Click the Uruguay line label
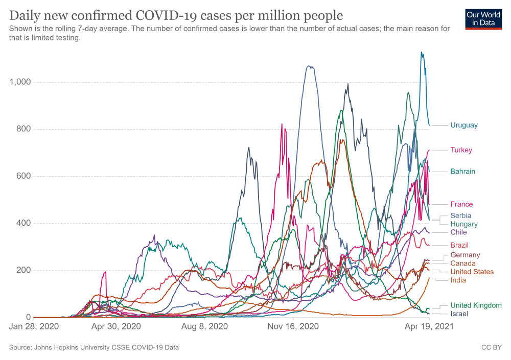click(x=464, y=125)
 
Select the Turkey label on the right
click(x=461, y=150)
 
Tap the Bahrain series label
click(x=462, y=172)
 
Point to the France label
click(x=461, y=204)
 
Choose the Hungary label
click(x=464, y=224)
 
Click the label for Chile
click(x=458, y=232)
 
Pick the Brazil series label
click(x=459, y=245)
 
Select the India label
click(x=458, y=280)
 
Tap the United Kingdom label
click(x=476, y=305)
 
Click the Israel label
click(x=459, y=314)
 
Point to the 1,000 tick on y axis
click(x=20, y=82)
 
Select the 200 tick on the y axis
click(x=25, y=270)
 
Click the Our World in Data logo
click(x=483, y=18)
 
